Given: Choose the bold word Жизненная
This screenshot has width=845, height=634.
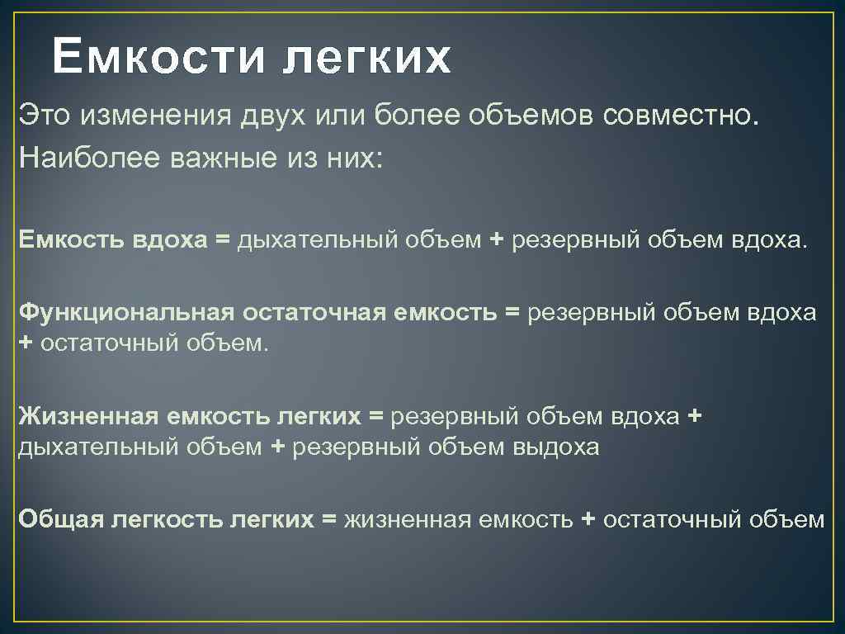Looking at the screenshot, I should tap(88, 417).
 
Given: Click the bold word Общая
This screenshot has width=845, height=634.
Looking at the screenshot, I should tap(59, 519).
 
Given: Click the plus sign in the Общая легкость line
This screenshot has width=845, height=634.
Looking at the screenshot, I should tap(588, 519).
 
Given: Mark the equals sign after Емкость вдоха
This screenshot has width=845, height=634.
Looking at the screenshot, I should tap(222, 240).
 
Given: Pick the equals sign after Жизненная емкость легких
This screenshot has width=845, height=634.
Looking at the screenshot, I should tap(376, 417).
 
